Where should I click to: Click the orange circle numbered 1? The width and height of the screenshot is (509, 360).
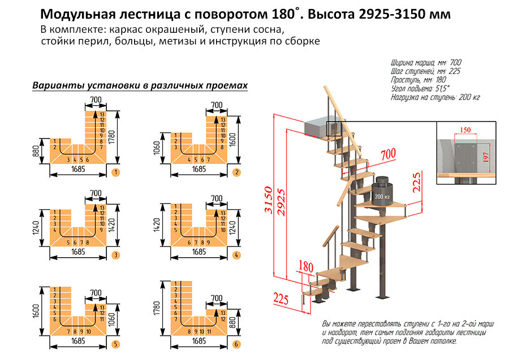pos(115,171)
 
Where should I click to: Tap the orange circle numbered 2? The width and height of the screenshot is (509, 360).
pos(237,172)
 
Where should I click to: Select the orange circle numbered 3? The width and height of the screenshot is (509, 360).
pos(115,255)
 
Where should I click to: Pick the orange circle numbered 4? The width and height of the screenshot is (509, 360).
pos(237,255)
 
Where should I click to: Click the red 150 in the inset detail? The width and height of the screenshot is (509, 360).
pos(465,130)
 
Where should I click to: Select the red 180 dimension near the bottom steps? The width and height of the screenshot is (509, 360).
pos(306,266)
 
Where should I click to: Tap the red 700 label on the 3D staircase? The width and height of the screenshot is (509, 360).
pos(387,154)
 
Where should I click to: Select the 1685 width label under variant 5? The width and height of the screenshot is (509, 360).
pos(77,342)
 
